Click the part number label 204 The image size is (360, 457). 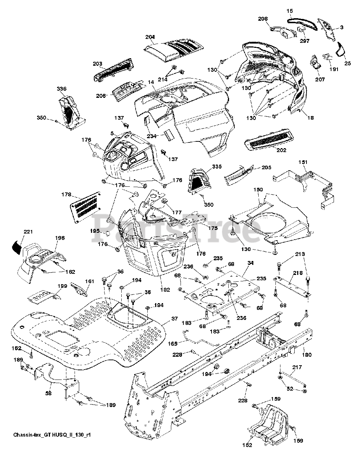(x=151, y=37)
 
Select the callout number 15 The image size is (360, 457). (x=290, y=11)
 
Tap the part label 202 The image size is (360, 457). (x=281, y=150)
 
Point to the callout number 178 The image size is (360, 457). (x=66, y=195)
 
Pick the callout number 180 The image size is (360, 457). (x=306, y=355)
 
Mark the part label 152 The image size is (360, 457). (x=247, y=445)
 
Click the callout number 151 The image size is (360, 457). (x=303, y=162)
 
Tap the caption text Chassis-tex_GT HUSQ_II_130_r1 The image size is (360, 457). (x=52, y=435)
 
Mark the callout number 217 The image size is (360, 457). (x=297, y=367)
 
